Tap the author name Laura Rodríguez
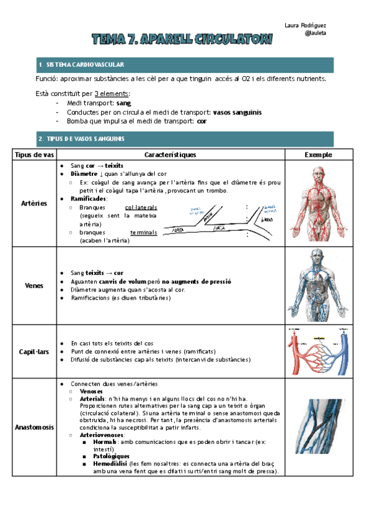click(x=305, y=25)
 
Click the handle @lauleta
click(x=316, y=33)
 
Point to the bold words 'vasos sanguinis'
click(x=236, y=112)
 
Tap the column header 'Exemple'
click(x=319, y=154)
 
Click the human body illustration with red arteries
click(x=318, y=203)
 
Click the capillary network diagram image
click(x=318, y=350)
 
